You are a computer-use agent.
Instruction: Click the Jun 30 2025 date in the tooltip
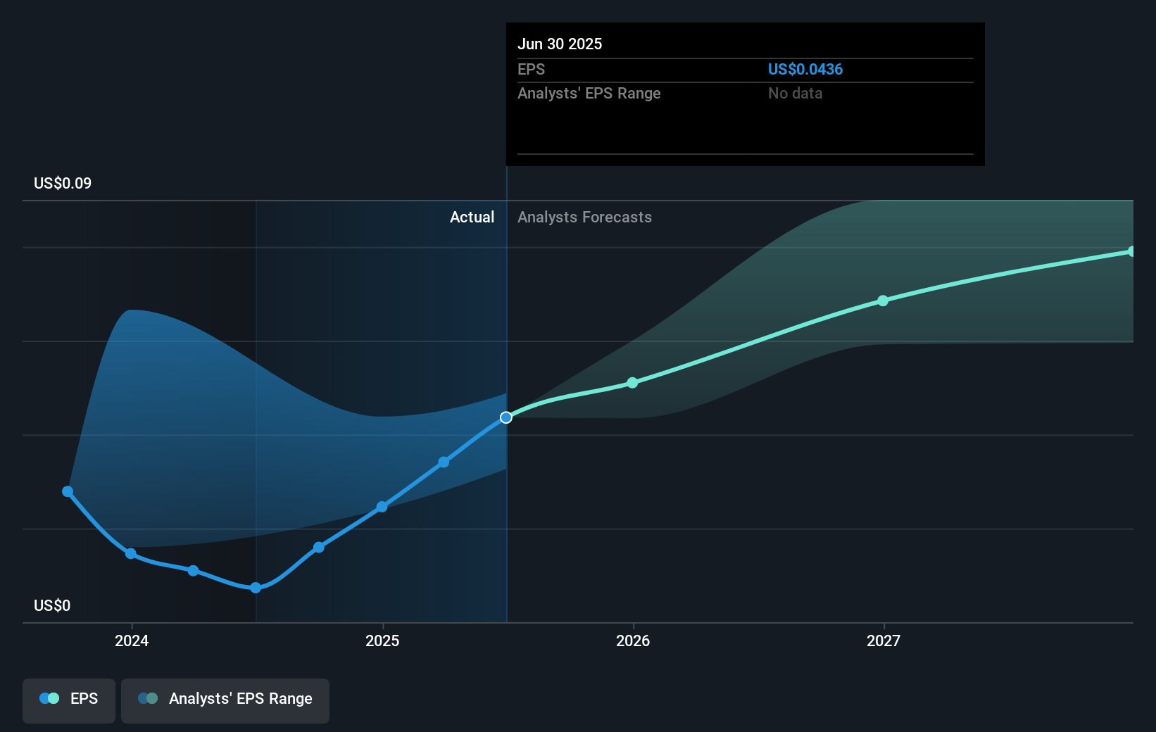pos(560,44)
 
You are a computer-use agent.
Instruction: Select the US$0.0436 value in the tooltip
pos(805,69)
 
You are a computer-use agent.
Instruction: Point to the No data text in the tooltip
pos(795,93)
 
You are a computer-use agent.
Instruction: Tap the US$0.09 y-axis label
pos(63,183)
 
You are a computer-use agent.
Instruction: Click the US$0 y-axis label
pos(52,605)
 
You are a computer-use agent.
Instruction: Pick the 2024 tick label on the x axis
pos(132,640)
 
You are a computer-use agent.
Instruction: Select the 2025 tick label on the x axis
pos(382,640)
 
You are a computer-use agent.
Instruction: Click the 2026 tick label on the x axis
pos(633,640)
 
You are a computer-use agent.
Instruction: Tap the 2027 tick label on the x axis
pos(884,640)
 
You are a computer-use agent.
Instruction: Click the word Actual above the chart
pos(472,217)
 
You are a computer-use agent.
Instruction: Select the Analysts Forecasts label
pos(584,217)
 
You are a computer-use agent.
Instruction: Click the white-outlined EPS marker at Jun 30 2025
pos(506,417)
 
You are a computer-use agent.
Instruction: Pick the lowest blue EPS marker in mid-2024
pos(256,588)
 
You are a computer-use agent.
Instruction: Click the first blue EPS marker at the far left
pos(68,491)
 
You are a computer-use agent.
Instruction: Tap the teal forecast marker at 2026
pos(632,383)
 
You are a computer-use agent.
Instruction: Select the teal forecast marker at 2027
pos(883,301)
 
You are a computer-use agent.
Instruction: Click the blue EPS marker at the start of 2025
pos(382,507)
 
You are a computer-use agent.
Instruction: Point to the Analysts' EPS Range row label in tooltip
pos(589,93)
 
